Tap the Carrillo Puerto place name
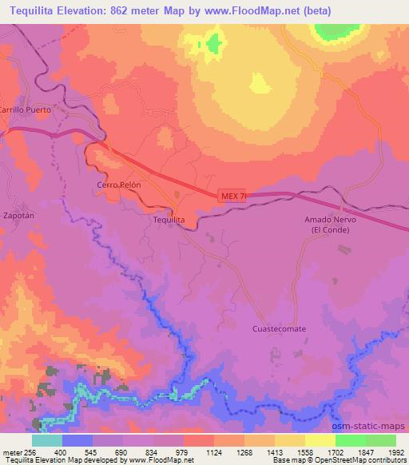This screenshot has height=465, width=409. (25, 109)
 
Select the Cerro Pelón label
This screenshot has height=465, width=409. (119, 184)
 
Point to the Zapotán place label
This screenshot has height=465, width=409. (18, 216)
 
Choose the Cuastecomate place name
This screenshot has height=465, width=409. (279, 328)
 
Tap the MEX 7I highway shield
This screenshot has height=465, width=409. (229, 195)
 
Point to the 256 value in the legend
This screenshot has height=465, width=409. (31, 451)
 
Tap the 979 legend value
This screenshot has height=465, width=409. (183, 451)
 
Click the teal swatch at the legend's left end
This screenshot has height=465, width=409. (46, 440)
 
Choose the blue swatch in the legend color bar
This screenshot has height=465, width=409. (77, 440)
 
